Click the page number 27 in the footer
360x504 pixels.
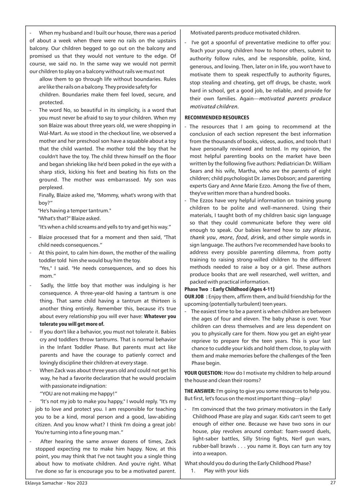(x=333, y=483)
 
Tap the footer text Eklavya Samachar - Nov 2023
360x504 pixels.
(x=54, y=483)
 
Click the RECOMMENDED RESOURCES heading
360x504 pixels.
(x=217, y=118)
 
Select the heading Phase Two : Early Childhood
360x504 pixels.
(x=230, y=289)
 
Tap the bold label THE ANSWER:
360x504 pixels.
(x=200, y=391)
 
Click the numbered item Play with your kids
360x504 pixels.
(x=226, y=471)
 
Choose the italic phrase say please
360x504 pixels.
(x=316, y=230)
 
